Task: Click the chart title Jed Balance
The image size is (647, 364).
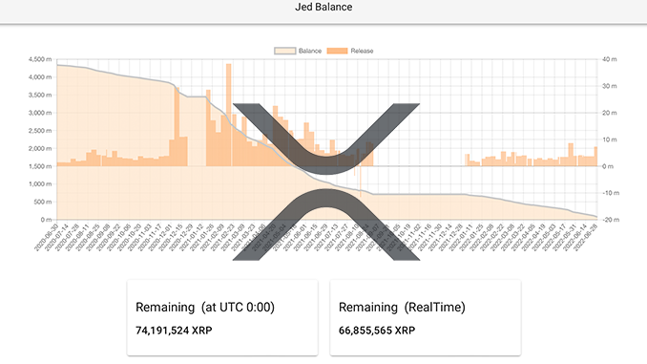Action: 323,8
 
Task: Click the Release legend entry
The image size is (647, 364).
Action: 350,50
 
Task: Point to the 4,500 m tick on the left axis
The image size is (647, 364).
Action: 39,60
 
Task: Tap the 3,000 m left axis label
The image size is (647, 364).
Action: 39,114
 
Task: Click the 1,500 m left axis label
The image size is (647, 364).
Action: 39,166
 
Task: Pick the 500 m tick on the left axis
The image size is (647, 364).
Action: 42,202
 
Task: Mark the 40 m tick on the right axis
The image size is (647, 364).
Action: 608,60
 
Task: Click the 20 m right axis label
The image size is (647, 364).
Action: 608,114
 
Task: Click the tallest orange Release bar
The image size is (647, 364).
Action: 228,115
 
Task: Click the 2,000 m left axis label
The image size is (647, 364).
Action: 39,149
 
